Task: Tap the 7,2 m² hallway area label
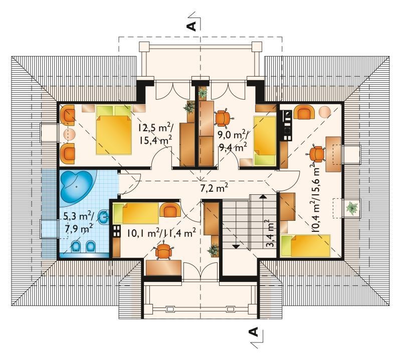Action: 214,188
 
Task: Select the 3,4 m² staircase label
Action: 271,233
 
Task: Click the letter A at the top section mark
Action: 192,26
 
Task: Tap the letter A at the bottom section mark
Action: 253,331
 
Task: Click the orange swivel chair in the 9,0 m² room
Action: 223,118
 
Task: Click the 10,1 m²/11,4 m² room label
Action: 161,233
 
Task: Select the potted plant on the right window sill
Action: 352,207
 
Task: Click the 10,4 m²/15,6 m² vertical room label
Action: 315,198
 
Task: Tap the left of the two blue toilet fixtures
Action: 77,246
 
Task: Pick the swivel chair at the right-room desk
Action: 316,154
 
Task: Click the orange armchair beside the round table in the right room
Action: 304,113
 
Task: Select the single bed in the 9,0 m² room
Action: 265,140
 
